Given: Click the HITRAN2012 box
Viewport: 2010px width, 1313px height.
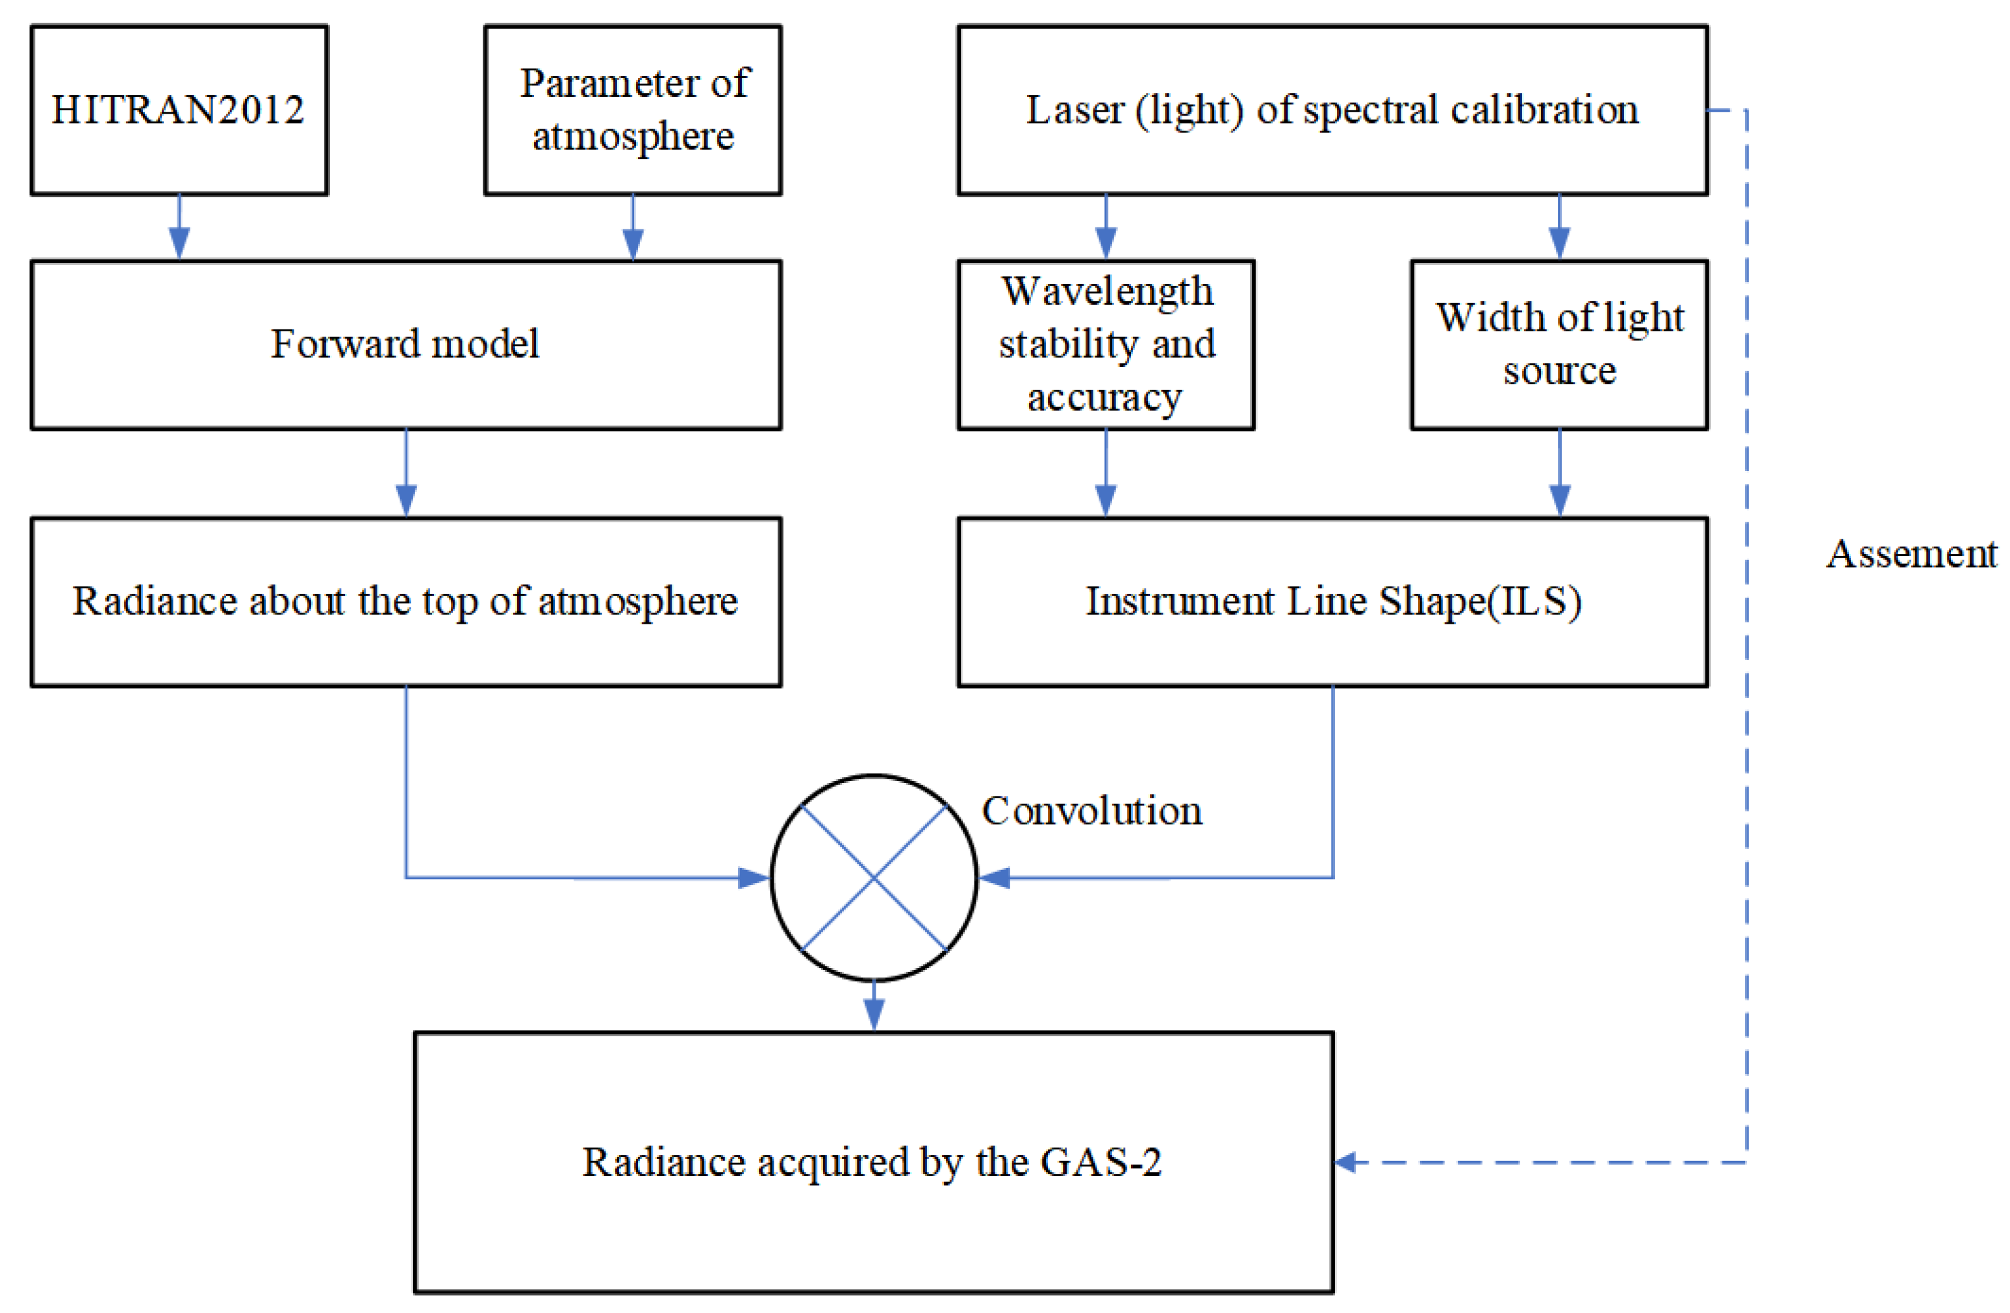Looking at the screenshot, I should pos(179,110).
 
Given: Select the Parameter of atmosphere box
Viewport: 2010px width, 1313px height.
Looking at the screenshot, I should pos(633,110).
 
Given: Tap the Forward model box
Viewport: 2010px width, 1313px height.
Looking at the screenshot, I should pos(405,344).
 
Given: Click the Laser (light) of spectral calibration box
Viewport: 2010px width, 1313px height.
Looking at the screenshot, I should pos(1332,110).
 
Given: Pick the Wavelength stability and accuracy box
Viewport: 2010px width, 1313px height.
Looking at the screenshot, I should pos(1106,344).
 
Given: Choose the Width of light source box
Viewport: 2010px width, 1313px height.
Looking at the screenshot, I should pos(1559,344).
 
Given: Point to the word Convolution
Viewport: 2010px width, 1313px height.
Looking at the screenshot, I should pos(1091,811).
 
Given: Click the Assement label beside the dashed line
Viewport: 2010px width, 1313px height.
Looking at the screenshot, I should pos(1911,555).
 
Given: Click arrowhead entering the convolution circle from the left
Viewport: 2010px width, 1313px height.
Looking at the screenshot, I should pos(754,878).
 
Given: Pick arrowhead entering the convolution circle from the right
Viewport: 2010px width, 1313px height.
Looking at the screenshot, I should pos(995,878).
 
